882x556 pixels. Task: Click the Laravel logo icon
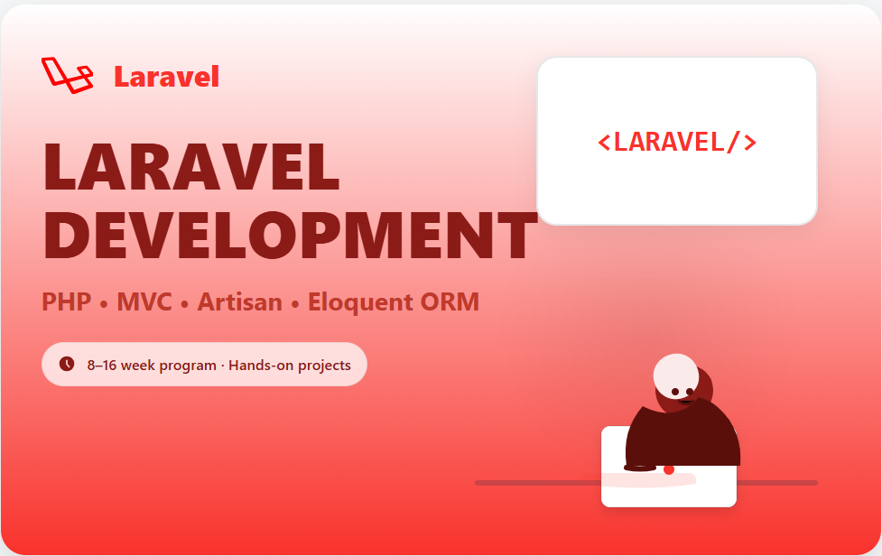point(67,75)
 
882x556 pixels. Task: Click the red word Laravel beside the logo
point(166,77)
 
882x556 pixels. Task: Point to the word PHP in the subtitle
point(67,301)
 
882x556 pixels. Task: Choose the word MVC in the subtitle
point(144,301)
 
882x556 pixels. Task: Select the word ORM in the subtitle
point(450,301)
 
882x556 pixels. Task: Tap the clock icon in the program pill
point(67,364)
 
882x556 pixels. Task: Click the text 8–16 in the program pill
point(102,366)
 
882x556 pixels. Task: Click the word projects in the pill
point(321,366)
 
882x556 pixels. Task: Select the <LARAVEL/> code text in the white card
point(677,142)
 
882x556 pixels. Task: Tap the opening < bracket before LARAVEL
point(605,142)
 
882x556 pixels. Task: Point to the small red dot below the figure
point(669,469)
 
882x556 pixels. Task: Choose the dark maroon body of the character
point(686,438)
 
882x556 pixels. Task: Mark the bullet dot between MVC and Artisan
point(185,304)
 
